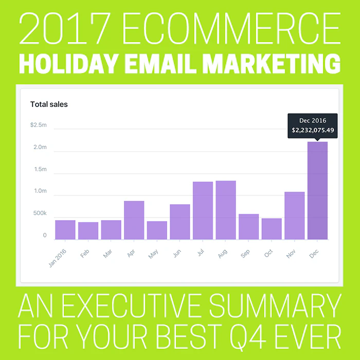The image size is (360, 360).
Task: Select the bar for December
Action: [317, 191]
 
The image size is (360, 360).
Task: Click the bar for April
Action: [134, 220]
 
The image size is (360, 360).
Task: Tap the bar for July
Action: [203, 210]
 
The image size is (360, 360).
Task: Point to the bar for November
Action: [294, 215]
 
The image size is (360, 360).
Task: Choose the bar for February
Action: [88, 230]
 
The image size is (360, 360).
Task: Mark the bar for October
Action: [272, 229]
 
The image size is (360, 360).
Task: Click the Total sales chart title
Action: [49, 104]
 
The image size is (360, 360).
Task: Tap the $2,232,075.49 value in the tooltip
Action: [313, 130]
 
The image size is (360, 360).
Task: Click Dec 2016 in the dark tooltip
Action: [313, 120]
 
